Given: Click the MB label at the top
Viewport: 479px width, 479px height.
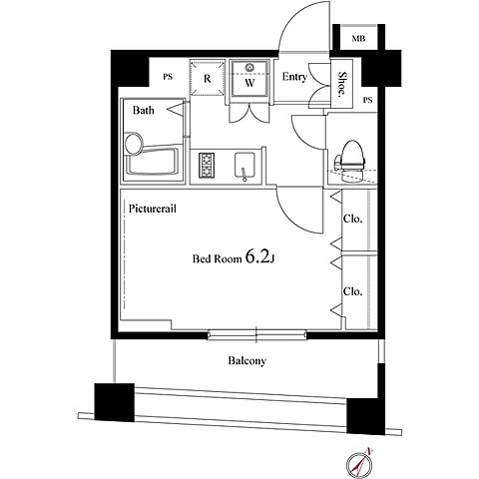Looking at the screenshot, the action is coord(358,39).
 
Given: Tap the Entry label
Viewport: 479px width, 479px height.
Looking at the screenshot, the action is coord(294,77).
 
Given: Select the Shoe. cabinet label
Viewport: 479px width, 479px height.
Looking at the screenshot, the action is coord(341,84).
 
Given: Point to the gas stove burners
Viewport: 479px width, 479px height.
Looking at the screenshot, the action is coord(207,165).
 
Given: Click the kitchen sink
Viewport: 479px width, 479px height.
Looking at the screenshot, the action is coord(244,166).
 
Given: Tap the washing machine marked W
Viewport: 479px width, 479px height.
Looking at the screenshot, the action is coord(249,78).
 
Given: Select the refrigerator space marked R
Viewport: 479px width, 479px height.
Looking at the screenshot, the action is coord(208,78).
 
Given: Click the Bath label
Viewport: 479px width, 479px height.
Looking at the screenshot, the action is coord(144,110).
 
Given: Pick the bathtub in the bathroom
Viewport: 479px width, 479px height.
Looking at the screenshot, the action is coord(153,158).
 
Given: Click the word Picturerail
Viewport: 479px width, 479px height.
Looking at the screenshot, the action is coord(153,209).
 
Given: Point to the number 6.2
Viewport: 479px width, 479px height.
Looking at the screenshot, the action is coord(257,256).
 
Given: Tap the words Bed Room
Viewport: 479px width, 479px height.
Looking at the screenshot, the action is coord(218,258).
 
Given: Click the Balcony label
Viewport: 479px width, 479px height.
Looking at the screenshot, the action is coord(247,360).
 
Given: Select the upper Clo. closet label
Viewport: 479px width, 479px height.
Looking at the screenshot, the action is coord(352,219).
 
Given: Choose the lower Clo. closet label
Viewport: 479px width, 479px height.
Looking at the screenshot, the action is coord(352,291).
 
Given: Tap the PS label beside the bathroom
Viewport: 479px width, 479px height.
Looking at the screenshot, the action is coord(168,77).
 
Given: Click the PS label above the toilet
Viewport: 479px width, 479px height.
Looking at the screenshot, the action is coord(367,100).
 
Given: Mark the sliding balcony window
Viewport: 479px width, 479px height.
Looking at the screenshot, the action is coord(256,334).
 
